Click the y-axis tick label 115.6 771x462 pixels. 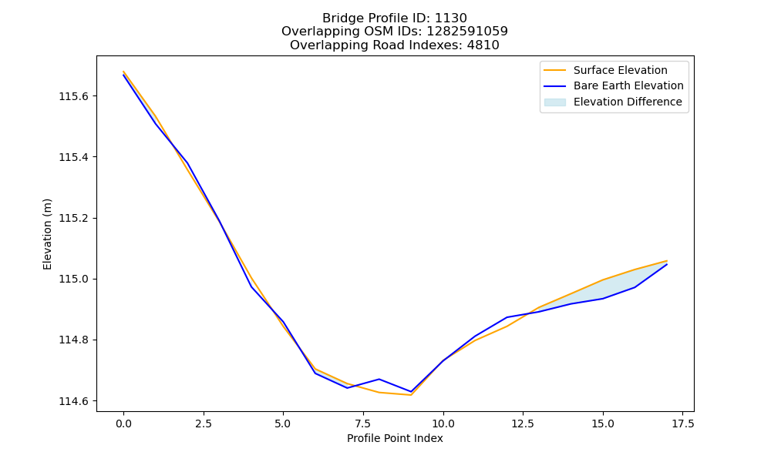tap(73, 96)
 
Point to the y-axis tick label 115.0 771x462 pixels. tap(73, 279)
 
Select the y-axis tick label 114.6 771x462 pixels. tap(73, 401)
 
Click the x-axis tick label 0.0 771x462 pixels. tap(123, 423)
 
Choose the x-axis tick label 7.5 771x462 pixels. tap(363, 423)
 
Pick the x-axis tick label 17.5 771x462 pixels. tap(682, 423)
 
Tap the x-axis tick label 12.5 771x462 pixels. tap(523, 423)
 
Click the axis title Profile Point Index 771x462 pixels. tap(395, 438)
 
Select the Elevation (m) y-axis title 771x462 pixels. tap(47, 234)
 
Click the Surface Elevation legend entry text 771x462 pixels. tap(621, 70)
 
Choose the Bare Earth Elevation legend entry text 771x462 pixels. tap(628, 86)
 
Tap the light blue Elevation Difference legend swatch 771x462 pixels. tap(554, 102)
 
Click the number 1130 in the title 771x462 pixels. tap(451, 18)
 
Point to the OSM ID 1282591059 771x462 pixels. tap(467, 32)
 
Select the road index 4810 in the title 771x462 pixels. tap(483, 45)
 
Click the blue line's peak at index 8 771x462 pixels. tap(379, 379)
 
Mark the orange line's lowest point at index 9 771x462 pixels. tap(411, 395)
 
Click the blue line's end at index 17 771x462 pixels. tap(667, 265)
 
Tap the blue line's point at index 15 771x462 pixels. tap(603, 299)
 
